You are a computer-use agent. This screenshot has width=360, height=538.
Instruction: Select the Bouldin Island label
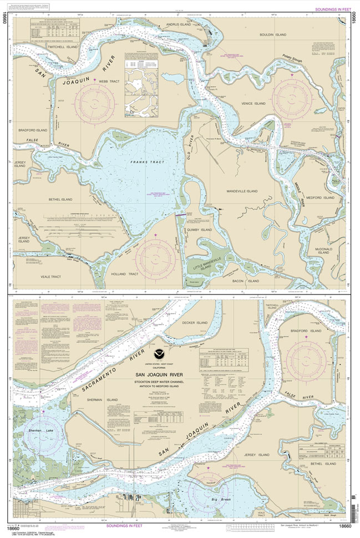click(x=273, y=34)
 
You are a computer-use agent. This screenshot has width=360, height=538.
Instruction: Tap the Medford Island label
click(x=321, y=197)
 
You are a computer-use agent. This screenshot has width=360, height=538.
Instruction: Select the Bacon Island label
click(x=246, y=281)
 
